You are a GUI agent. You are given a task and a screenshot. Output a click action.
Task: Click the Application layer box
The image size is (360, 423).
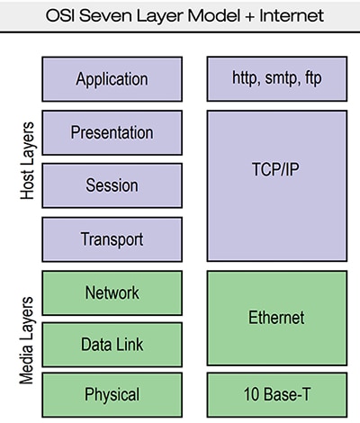pyautogui.click(x=112, y=78)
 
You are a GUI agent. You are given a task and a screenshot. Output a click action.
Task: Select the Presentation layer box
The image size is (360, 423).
pyautogui.click(x=112, y=132)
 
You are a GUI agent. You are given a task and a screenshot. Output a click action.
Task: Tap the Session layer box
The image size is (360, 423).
pyautogui.click(x=112, y=185)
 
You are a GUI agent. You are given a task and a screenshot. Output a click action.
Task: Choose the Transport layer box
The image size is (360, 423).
pyautogui.click(x=112, y=239)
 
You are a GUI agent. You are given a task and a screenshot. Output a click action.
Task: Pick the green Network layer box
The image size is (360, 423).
pyautogui.click(x=112, y=292)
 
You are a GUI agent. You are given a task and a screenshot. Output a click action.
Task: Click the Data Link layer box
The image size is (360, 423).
pyautogui.click(x=112, y=345)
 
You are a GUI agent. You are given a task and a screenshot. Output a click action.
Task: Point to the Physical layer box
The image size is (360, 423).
pyautogui.click(x=112, y=394)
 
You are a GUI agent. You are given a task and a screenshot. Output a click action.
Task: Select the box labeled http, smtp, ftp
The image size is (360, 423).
pyautogui.click(x=277, y=78)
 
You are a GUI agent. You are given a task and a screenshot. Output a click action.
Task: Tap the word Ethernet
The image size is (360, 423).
pyautogui.click(x=277, y=318)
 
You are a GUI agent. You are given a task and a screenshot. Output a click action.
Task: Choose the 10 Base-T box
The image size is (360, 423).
pyautogui.click(x=277, y=394)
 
